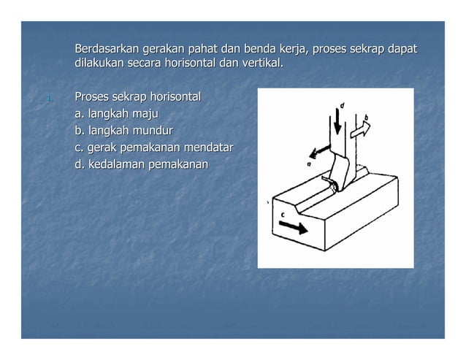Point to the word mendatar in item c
[208, 148]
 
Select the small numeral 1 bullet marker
[47, 99]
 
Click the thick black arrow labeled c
[293, 228]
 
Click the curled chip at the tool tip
[335, 188]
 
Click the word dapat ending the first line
[401, 50]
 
